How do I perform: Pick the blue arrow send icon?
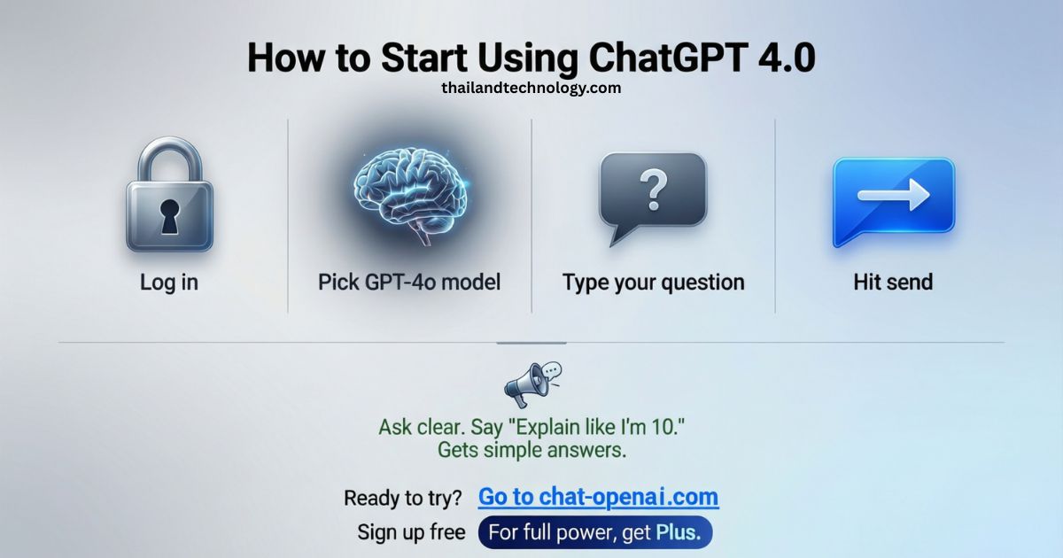coord(893,201)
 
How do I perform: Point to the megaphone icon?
coord(530,384)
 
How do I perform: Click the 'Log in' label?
coord(169,283)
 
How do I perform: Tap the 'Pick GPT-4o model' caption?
coord(409,283)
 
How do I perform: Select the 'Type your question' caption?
coord(653,283)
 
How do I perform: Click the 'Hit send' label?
coord(893,283)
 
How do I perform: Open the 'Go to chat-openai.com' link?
coord(598,497)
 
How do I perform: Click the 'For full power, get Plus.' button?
coord(594,532)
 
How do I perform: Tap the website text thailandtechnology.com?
coord(531,88)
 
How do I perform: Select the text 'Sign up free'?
coord(411,532)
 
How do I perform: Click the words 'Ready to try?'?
coord(403,498)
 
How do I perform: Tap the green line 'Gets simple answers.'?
coord(531,450)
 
